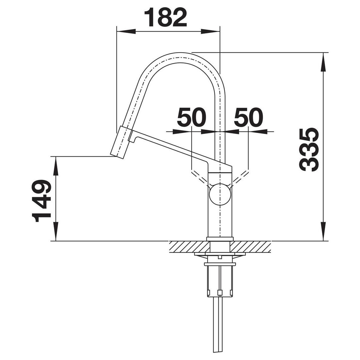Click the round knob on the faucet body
click(220, 194)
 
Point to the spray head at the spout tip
click(121, 142)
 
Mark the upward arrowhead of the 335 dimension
click(323, 62)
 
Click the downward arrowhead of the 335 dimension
click(323, 231)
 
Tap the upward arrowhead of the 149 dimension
click(55, 166)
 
